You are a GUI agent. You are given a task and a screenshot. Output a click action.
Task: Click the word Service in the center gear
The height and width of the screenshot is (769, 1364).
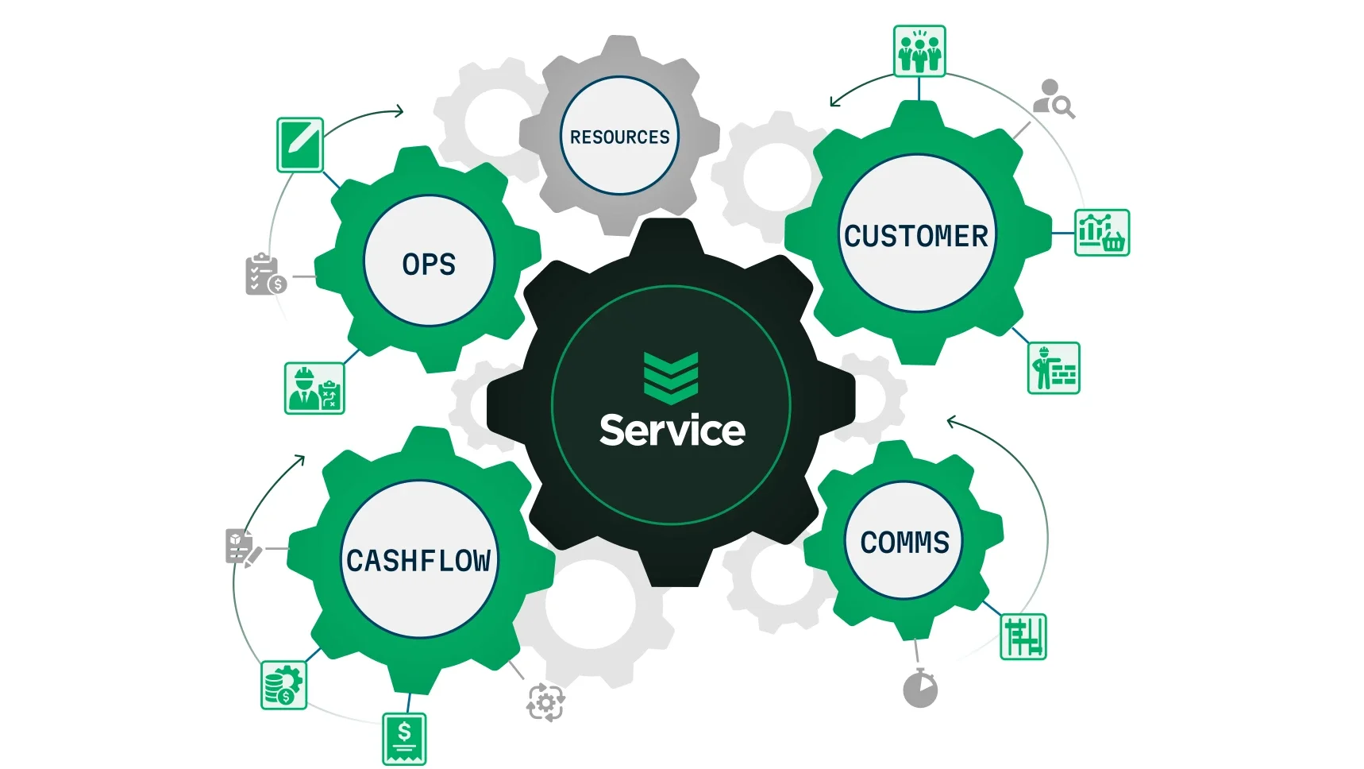point(672,431)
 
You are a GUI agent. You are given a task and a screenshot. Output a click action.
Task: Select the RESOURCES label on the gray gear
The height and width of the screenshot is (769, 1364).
point(619,137)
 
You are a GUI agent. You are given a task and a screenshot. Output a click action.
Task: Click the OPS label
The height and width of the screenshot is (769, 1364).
point(429,265)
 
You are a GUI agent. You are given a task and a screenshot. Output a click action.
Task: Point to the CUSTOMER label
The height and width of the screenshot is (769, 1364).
point(916,236)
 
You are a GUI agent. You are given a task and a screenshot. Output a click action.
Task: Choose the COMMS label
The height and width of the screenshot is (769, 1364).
point(904,543)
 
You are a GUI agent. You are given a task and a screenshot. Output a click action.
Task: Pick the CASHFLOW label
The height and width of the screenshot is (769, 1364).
point(418,561)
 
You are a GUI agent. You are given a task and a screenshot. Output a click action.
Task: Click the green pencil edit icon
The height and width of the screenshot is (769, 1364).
point(300,145)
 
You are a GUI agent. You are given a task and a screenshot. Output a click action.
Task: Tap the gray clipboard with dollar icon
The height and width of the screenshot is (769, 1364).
point(265,275)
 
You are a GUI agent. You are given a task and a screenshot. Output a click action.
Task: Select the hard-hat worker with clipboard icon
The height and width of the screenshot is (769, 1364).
point(314,388)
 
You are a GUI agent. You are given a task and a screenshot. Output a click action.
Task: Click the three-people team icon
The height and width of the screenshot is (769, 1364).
point(919,51)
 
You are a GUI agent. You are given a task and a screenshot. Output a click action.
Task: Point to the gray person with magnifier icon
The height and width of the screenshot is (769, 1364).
point(1054,99)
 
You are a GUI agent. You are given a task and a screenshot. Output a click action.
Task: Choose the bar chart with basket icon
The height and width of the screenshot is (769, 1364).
point(1102,233)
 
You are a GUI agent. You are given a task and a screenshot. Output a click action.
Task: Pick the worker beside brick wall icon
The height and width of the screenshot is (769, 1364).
point(1054,368)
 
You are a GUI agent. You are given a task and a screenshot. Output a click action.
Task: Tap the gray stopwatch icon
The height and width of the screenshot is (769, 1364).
point(920,689)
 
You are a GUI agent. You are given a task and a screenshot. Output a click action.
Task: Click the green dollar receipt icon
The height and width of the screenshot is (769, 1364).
point(404,739)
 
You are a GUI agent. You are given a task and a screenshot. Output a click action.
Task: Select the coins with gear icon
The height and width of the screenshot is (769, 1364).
point(283,685)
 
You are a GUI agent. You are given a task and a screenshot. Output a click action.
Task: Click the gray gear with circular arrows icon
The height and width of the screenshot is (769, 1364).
point(545,702)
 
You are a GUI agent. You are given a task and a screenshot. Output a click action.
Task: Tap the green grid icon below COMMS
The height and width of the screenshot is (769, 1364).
point(1023,637)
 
